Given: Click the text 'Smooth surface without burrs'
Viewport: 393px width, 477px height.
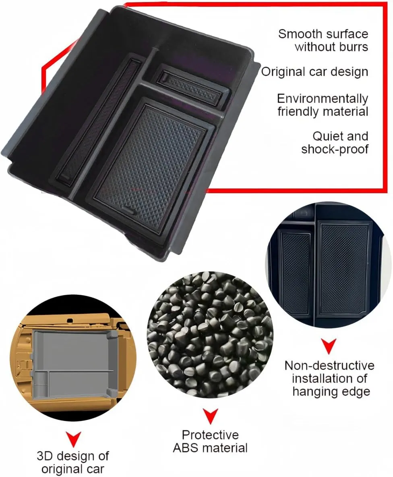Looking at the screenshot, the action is click(323, 40).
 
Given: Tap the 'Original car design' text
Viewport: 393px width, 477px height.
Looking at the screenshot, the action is click(314, 72).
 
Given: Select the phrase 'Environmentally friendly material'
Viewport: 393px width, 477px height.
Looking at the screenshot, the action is click(323, 105).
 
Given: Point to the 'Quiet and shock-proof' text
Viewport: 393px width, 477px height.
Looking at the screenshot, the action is click(335, 142).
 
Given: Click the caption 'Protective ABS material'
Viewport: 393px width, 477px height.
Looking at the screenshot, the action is click(210, 442).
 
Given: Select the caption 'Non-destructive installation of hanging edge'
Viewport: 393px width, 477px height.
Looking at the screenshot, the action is click(330, 379).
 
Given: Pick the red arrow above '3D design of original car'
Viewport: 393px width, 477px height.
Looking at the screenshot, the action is click(73, 439).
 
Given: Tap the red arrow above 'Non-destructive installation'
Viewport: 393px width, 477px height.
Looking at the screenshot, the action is click(329, 346).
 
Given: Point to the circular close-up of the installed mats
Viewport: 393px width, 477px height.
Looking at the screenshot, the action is click(328, 265).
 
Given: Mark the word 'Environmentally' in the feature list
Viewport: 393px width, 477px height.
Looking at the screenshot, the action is click(323, 99).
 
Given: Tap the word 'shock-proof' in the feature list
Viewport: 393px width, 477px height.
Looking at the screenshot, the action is click(335, 149).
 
